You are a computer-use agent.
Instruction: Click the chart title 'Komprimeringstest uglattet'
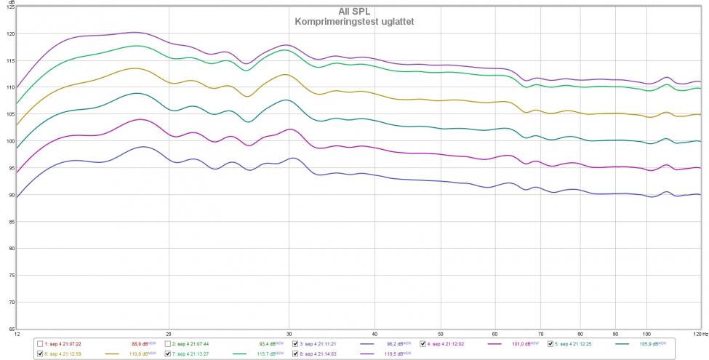coord(355,21)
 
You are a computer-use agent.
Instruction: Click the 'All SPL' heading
coord(354,12)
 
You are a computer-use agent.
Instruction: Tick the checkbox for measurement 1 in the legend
coord(40,343)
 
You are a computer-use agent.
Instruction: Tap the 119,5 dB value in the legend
coord(393,353)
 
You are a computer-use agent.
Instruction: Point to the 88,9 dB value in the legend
coord(139,343)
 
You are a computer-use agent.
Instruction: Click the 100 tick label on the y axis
coord(10,141)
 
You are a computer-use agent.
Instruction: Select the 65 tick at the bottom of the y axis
coord(11,328)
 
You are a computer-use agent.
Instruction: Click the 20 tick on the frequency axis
coord(169,335)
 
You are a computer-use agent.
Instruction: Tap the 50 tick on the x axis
coord(440,335)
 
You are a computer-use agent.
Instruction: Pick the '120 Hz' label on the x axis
coord(699,335)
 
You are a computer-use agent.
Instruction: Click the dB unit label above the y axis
coord(11,2)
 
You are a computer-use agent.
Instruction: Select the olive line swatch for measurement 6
coord(112,354)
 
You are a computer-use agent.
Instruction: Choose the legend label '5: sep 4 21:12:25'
coord(580,343)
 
